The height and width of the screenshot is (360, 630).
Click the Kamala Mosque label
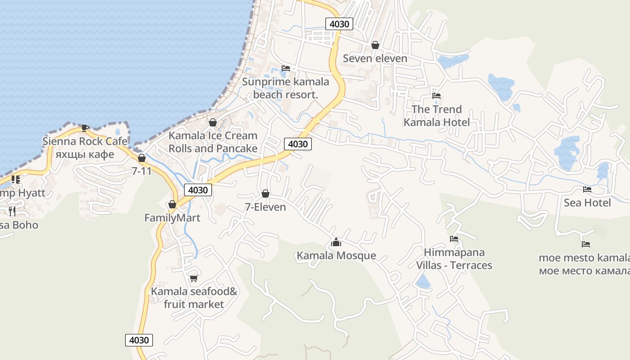click(x=336, y=256)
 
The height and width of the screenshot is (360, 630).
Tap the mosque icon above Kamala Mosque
click(x=336, y=243)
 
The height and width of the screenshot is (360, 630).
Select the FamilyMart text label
click(x=172, y=218)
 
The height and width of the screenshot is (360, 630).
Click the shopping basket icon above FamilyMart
click(x=172, y=205)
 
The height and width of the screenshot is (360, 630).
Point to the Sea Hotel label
click(x=587, y=202)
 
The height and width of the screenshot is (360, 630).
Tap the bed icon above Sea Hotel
click(x=587, y=189)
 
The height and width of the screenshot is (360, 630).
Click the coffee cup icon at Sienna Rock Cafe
click(x=85, y=128)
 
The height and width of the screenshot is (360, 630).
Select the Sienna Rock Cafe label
click(x=85, y=141)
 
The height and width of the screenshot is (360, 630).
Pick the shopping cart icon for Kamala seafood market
click(x=194, y=278)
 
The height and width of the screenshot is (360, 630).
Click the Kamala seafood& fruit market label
click(x=194, y=298)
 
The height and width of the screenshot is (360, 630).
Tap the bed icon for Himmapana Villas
click(x=454, y=239)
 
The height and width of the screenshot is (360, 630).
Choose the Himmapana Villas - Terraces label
click(x=454, y=259)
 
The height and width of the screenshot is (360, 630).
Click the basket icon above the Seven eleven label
click(x=375, y=45)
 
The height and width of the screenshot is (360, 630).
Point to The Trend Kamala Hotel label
click(x=436, y=116)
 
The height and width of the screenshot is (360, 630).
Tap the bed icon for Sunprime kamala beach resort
click(x=286, y=68)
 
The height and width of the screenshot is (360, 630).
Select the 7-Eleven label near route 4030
click(x=265, y=207)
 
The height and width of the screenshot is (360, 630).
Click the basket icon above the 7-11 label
click(x=142, y=158)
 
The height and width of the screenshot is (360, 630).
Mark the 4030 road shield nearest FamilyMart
click(x=198, y=190)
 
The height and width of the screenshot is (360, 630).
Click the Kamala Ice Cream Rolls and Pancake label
click(x=213, y=142)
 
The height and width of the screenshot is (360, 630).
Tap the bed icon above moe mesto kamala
click(x=585, y=244)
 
